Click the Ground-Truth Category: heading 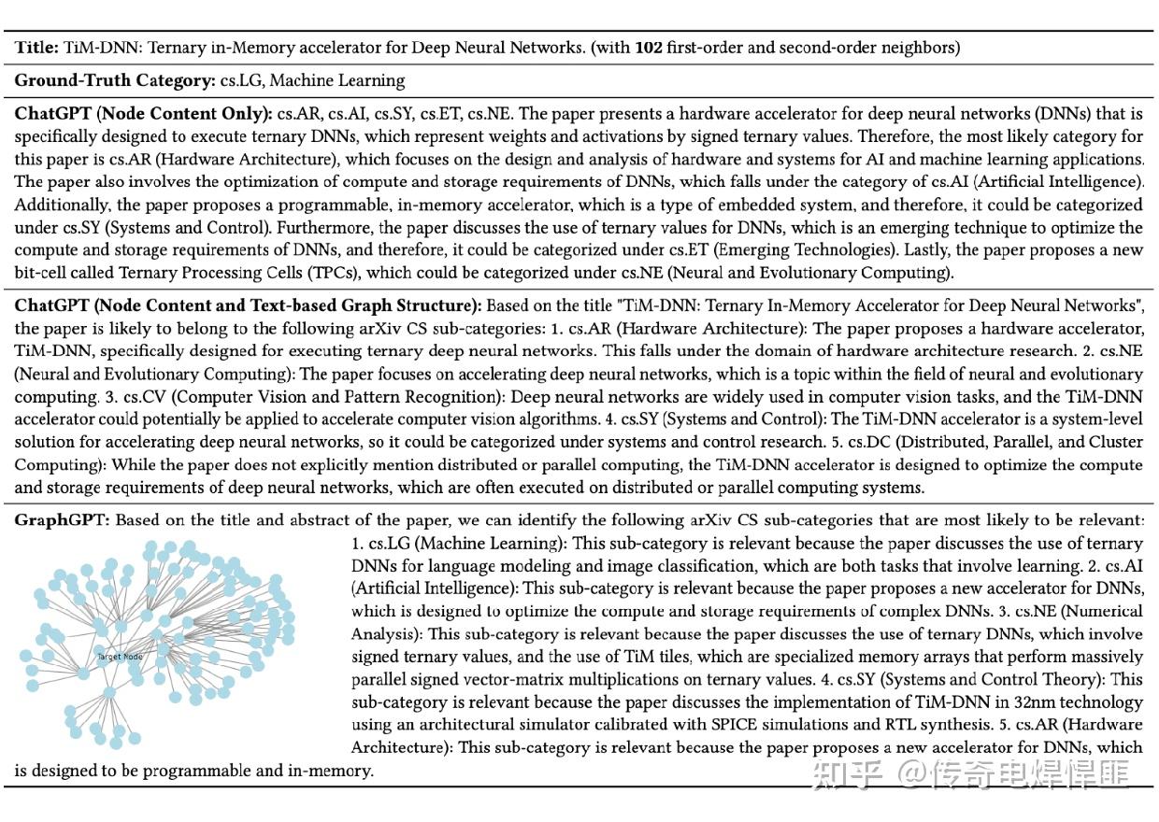(114, 80)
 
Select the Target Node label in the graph (120, 658)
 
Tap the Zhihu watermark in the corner (972, 772)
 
